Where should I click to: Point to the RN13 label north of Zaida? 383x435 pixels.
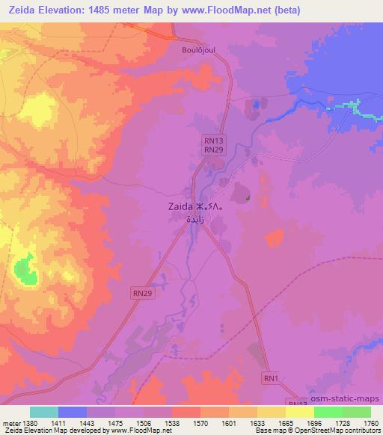[214, 140]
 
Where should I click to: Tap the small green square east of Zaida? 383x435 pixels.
[247, 198]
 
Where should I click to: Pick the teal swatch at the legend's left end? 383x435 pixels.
[43, 412]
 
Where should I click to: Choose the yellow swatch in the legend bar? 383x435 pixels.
[299, 412]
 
